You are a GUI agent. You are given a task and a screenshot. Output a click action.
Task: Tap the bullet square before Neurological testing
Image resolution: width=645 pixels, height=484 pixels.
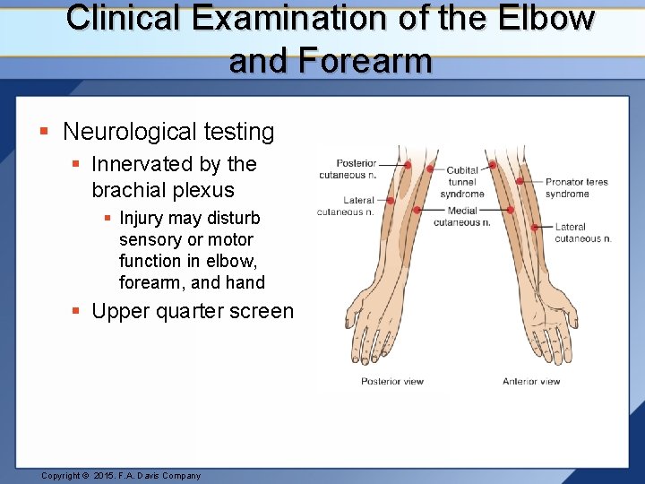(44, 132)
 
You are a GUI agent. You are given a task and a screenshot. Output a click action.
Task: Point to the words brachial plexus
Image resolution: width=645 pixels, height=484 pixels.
(162, 190)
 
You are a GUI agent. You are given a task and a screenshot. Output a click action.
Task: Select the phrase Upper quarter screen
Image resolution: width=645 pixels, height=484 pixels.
(192, 311)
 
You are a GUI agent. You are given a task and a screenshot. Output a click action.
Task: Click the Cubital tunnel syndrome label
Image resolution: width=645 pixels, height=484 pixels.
(462, 182)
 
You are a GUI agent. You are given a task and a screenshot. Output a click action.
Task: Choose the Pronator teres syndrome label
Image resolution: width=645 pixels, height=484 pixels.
(576, 187)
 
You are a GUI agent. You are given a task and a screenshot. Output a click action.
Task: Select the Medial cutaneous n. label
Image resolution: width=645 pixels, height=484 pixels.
(461, 216)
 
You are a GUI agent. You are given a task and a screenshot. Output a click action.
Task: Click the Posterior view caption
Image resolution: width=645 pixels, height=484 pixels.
(391, 381)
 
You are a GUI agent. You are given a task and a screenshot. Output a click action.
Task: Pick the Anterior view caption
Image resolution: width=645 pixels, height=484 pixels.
(531, 381)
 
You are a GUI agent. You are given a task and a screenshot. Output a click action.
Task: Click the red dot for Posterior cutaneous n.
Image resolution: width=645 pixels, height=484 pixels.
(408, 165)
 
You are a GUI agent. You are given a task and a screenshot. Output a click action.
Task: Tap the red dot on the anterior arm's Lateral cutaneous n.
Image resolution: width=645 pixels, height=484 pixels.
(535, 228)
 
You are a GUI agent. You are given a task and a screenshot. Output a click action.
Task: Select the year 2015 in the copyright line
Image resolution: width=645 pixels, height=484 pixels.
(106, 475)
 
